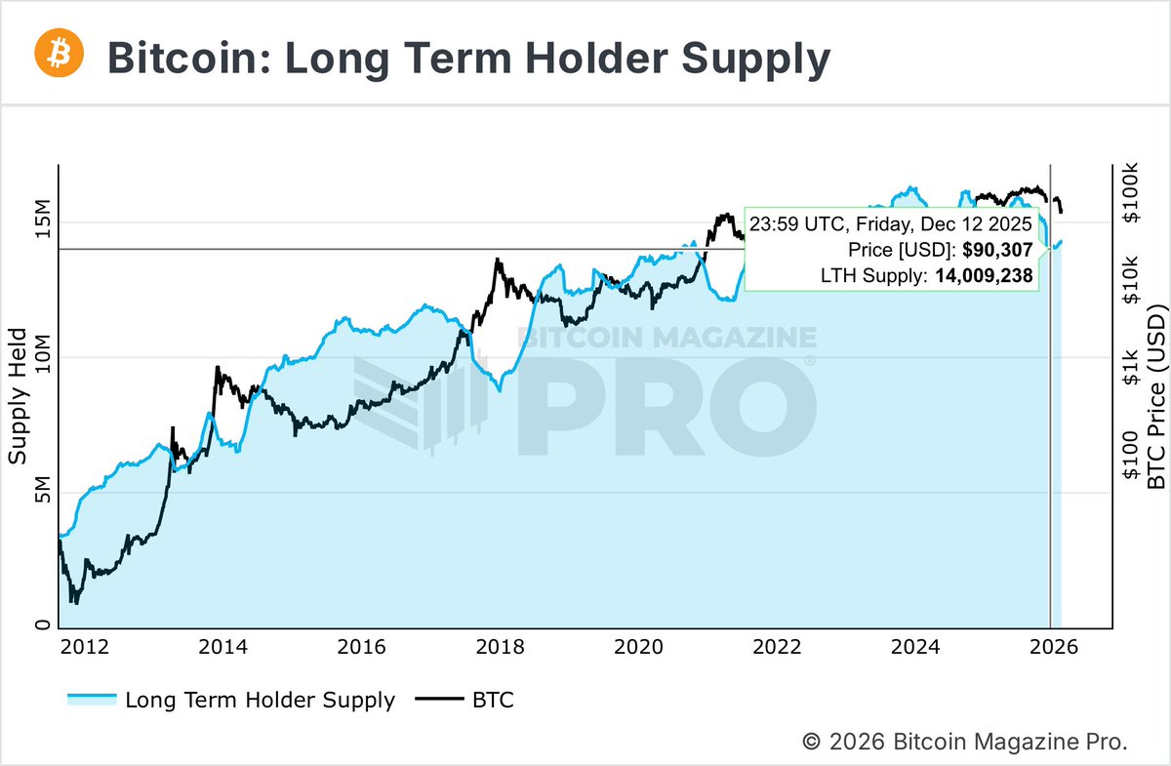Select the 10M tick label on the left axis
point(40,357)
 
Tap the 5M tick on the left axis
point(40,493)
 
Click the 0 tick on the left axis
point(40,626)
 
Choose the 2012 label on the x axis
point(84,646)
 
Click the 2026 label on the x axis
point(1054,646)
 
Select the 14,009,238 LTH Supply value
point(984,276)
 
